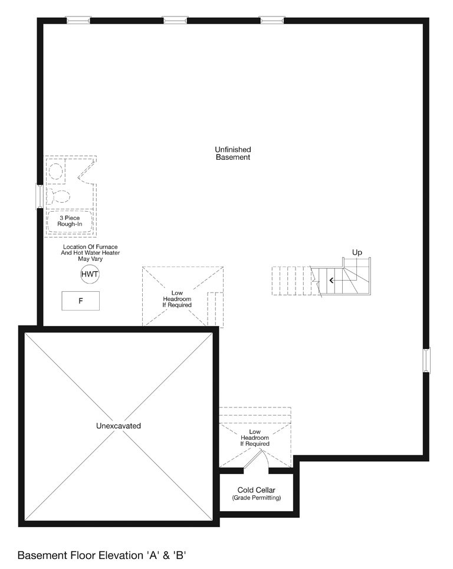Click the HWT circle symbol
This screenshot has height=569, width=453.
(x=90, y=274)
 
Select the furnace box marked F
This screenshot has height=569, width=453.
(x=81, y=301)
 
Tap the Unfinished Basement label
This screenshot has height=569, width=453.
(x=233, y=153)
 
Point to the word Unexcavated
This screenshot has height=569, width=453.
(x=119, y=426)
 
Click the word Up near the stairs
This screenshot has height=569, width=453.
(x=357, y=252)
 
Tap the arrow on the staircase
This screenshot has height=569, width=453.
(x=331, y=280)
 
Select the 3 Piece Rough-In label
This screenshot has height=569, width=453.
(x=70, y=221)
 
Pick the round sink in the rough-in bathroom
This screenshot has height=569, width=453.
(x=56, y=171)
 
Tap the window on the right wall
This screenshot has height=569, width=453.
(x=426, y=360)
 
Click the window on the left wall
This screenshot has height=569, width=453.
(x=40, y=197)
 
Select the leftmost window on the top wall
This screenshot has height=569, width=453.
(x=78, y=20)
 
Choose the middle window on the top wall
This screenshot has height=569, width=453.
(x=175, y=20)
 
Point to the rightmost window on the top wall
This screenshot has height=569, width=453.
(x=272, y=20)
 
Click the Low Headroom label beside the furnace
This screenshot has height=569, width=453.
(x=177, y=299)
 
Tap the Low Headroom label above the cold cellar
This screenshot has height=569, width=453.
(x=255, y=438)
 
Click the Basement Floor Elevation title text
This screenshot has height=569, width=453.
(x=101, y=555)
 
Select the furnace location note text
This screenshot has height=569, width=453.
(x=90, y=252)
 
